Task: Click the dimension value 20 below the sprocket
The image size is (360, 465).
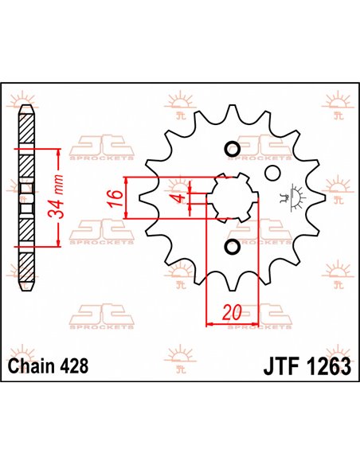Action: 231,313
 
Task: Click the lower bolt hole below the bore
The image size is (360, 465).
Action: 231,248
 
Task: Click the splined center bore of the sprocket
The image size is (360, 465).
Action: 231,198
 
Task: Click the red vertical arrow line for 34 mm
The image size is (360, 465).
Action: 57,199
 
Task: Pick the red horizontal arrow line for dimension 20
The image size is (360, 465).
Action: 231,323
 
